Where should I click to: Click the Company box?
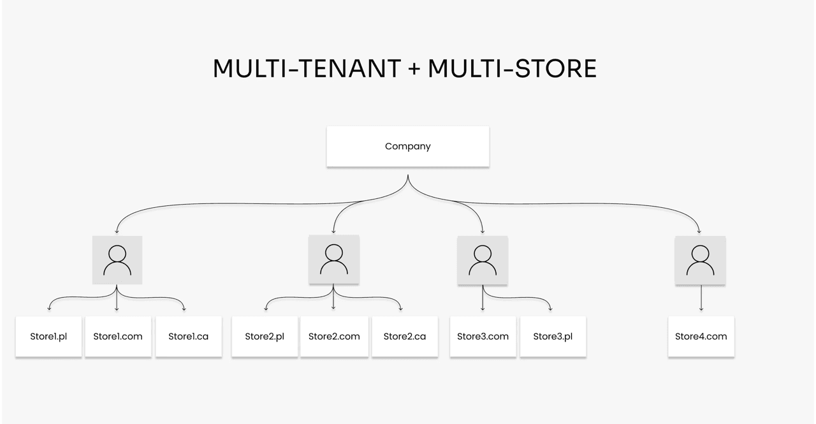click(x=407, y=147)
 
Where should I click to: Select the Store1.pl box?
click(x=48, y=337)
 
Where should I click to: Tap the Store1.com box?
click(x=118, y=337)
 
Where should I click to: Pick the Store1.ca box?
click(x=188, y=337)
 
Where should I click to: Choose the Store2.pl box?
click(x=265, y=337)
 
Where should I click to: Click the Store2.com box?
click(x=334, y=337)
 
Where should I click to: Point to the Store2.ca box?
click(x=405, y=337)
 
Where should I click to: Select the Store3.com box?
click(x=483, y=337)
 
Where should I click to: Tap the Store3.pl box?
click(x=553, y=337)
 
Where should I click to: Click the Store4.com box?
click(x=701, y=337)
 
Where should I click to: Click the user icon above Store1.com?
click(x=117, y=260)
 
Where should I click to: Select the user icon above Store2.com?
click(x=333, y=260)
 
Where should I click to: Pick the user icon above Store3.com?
click(x=483, y=260)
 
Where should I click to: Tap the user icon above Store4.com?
click(x=700, y=260)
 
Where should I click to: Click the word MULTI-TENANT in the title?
click(x=307, y=68)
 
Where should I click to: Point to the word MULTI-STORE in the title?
click(x=512, y=68)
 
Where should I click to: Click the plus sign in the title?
click(x=414, y=68)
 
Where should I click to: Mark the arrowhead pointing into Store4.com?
click(x=701, y=309)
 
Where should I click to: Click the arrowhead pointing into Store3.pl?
click(x=550, y=309)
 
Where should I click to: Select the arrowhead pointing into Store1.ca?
click(x=184, y=309)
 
